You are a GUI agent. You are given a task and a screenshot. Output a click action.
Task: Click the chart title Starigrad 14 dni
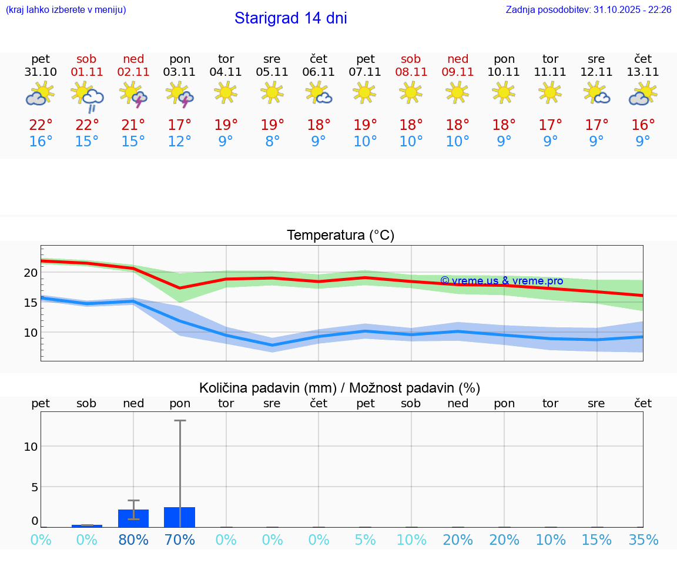290,18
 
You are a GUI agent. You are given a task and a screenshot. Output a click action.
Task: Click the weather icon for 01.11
87,96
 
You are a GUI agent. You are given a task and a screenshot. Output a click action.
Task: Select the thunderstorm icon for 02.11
133,95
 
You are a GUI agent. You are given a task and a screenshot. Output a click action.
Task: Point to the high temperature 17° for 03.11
180,125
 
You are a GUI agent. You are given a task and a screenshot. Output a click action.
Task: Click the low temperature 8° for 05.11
272,142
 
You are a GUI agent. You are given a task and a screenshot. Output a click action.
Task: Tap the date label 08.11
411,72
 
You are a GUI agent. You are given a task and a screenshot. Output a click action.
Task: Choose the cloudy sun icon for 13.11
643,94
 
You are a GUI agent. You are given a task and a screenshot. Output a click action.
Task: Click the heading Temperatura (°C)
340,236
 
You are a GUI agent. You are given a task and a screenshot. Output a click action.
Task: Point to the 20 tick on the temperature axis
31,273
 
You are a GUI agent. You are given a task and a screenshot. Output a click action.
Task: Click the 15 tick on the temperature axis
31,303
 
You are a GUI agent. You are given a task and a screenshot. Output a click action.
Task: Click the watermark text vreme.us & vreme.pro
501,281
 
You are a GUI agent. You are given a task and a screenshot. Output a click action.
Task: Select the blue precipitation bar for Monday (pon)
180,517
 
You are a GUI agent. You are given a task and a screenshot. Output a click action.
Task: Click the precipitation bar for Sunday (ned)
133,518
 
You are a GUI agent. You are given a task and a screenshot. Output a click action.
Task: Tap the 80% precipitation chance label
133,540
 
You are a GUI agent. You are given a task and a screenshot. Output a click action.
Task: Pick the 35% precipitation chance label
643,540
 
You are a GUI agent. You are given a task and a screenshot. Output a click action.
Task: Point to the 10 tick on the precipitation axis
31,446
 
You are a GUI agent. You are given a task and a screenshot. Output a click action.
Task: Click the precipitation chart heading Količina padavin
340,388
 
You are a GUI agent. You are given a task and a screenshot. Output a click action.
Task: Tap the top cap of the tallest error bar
180,421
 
